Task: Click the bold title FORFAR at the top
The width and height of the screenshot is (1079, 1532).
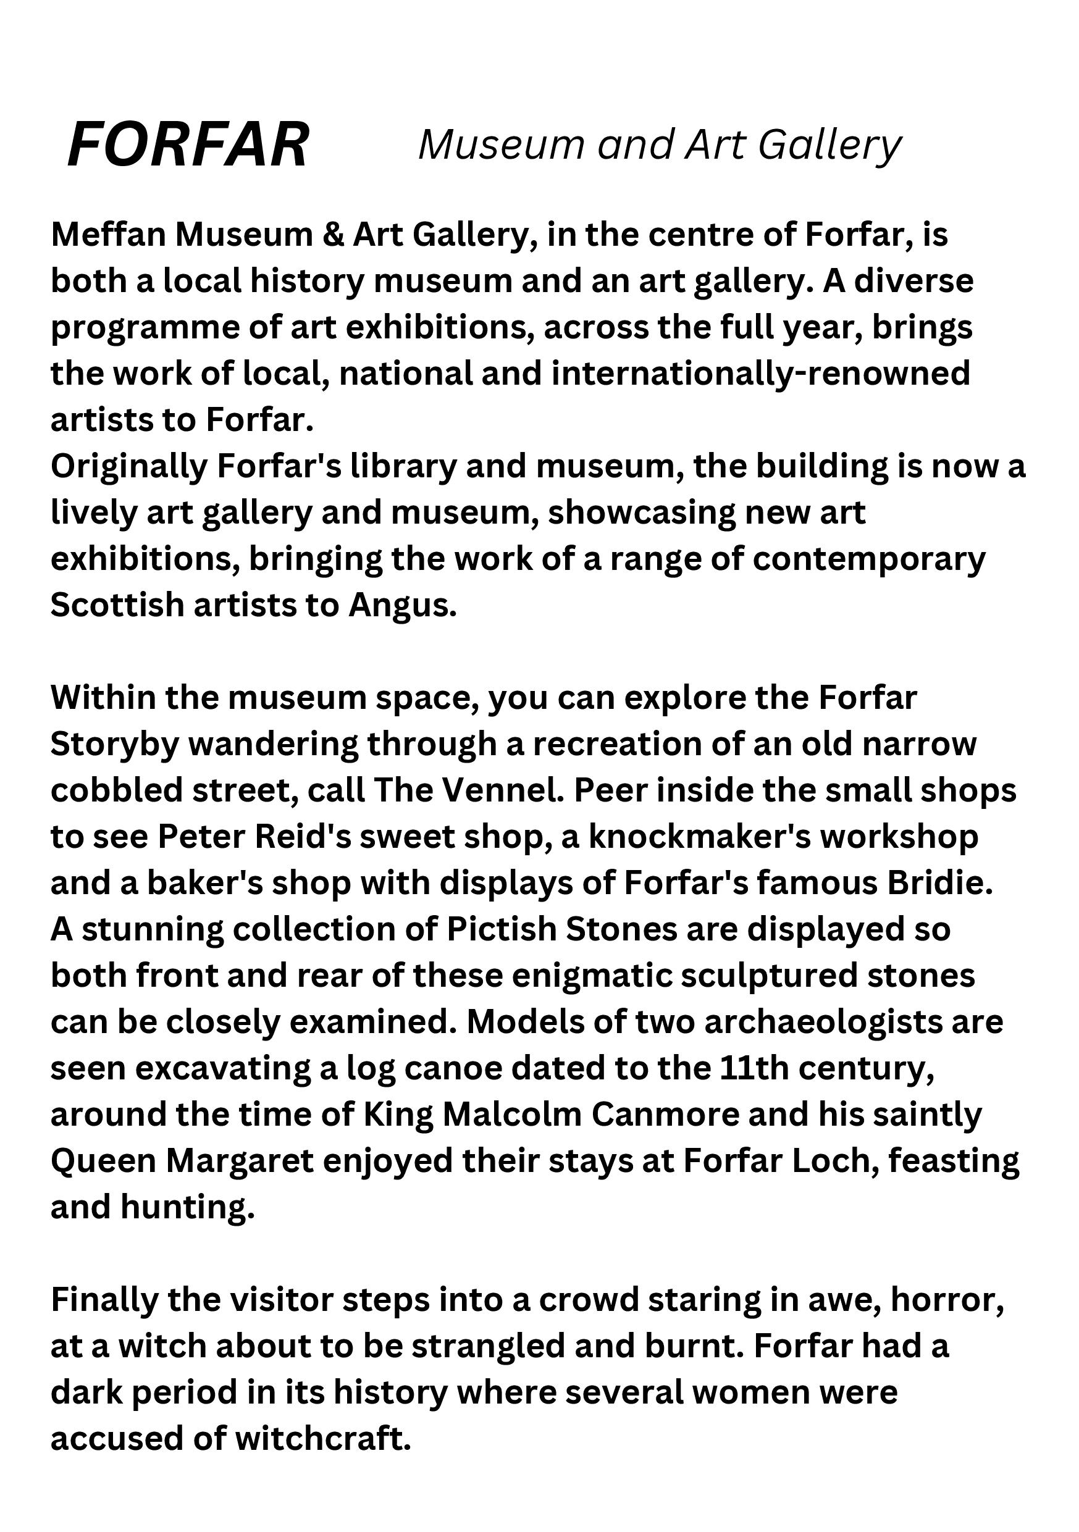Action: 188,144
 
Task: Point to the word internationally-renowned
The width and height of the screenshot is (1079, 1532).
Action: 761,373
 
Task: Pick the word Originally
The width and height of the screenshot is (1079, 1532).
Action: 130,467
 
